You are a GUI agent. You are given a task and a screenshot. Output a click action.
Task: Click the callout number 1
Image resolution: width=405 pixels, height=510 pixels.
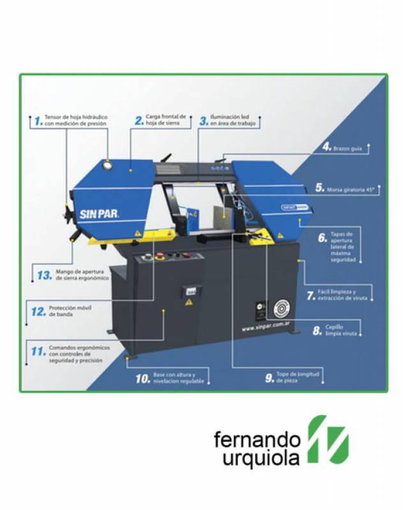pyautogui.click(x=38, y=120)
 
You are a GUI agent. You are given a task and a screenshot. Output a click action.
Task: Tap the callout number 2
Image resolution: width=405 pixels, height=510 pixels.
pyautogui.click(x=138, y=120)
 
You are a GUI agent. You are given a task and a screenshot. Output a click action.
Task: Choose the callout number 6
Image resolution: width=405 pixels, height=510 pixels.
pyautogui.click(x=323, y=237)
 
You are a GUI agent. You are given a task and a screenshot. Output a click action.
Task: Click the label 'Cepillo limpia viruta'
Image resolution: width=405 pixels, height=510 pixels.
pyautogui.click(x=339, y=330)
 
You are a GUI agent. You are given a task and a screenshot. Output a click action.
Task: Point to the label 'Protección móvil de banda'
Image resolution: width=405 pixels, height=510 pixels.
pyautogui.click(x=70, y=312)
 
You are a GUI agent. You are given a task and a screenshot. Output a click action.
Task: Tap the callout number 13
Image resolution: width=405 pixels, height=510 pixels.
pyautogui.click(x=43, y=275)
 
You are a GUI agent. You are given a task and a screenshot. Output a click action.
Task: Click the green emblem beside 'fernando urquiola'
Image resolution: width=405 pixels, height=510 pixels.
pyautogui.click(x=327, y=440)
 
